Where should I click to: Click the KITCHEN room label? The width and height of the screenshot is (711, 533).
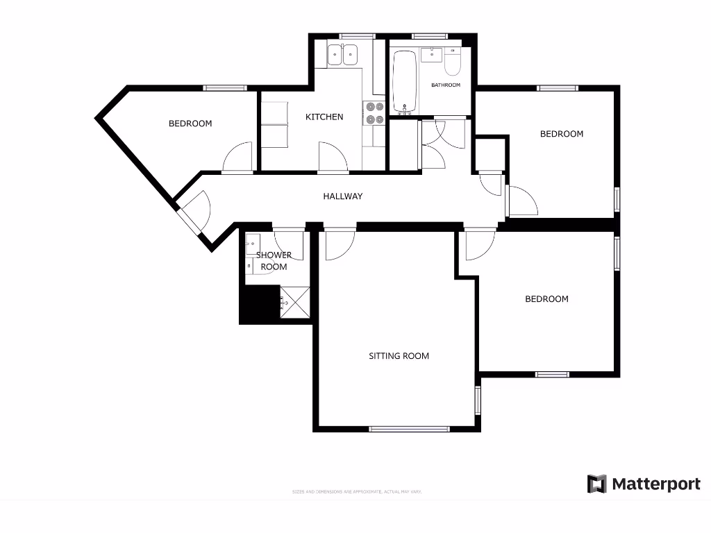(324, 117)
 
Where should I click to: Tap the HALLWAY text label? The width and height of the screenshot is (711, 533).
(343, 196)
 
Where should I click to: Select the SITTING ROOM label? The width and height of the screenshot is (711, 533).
(399, 356)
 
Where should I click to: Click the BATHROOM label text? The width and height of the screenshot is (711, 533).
(446, 85)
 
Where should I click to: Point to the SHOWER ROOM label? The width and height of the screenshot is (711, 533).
(274, 261)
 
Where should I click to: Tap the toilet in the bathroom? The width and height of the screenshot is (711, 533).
(453, 65)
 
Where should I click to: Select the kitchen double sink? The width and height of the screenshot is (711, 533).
(342, 53)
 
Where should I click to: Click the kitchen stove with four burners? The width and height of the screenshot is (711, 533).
(375, 113)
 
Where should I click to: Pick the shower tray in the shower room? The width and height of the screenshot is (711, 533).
(294, 302)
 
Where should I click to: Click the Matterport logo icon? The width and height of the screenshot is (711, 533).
(596, 484)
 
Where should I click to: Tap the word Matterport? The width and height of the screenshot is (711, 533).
(656, 484)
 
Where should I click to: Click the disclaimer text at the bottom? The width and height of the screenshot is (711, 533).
(357, 492)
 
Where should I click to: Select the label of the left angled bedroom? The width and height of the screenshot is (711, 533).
(190, 124)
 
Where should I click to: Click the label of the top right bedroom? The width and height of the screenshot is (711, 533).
(562, 134)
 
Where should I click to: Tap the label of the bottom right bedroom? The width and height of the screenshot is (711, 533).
(546, 299)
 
